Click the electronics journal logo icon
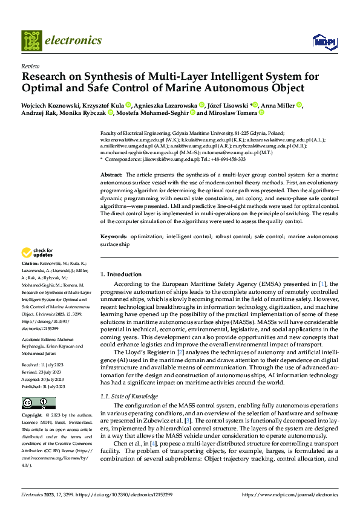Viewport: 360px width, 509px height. (31, 41)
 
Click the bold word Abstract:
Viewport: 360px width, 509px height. (112, 174)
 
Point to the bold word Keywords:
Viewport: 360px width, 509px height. (114, 236)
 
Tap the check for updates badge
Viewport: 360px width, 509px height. (38, 253)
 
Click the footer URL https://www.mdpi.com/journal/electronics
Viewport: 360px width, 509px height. (290, 494)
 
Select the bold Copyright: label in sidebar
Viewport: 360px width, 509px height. (32, 416)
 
